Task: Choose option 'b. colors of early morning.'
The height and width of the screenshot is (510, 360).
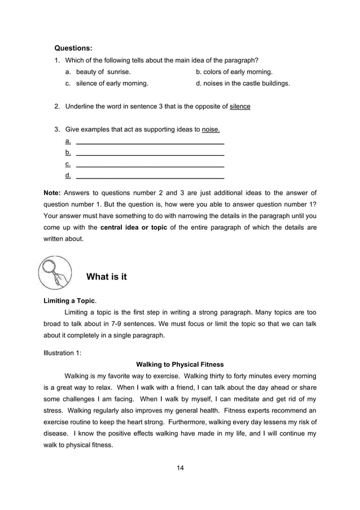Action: pyautogui.click(x=234, y=72)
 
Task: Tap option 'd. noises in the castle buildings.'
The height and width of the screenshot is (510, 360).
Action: pyautogui.click(x=243, y=83)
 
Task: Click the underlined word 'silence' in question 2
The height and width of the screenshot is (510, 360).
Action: pyautogui.click(x=240, y=106)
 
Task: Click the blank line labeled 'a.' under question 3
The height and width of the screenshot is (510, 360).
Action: pyautogui.click(x=150, y=141)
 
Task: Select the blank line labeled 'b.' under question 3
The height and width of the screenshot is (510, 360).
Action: pyautogui.click(x=150, y=153)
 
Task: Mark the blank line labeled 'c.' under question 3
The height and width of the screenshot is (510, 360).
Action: pyautogui.click(x=150, y=165)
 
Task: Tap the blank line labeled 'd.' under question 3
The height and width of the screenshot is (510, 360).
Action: pyautogui.click(x=150, y=177)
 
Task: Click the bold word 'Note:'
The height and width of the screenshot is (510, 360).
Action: pyautogui.click(x=53, y=193)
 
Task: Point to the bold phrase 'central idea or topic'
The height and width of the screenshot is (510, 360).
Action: pyautogui.click(x=133, y=228)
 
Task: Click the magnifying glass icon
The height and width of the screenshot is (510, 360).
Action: pyautogui.click(x=55, y=272)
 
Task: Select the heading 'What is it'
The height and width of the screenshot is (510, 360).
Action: pyautogui.click(x=106, y=277)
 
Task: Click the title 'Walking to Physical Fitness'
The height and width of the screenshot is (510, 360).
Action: pyautogui.click(x=180, y=364)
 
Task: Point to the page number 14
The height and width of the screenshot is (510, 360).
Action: pyautogui.click(x=180, y=467)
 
